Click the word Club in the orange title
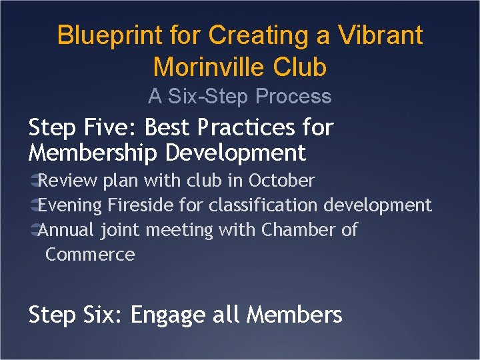pyautogui.click(x=303, y=67)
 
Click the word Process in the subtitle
pyautogui.click(x=294, y=97)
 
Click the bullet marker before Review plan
pyautogui.click(x=33, y=181)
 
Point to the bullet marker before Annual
pyautogui.click(x=33, y=230)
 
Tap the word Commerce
pyautogui.click(x=90, y=255)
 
